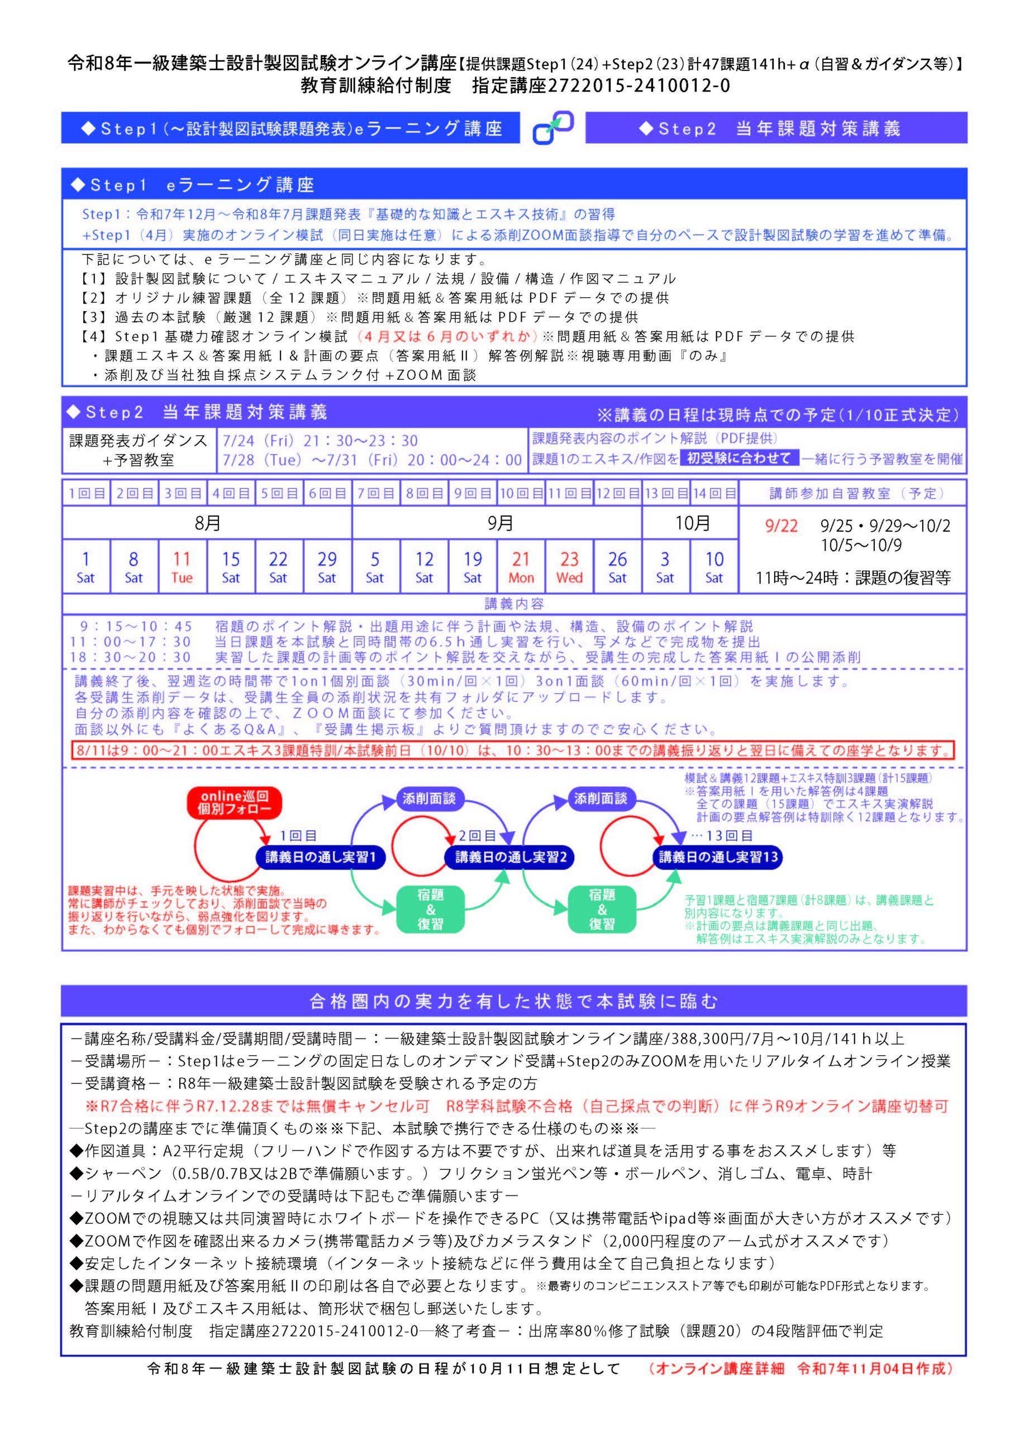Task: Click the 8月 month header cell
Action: click(207, 523)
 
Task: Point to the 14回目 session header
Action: click(714, 493)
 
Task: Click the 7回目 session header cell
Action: click(376, 493)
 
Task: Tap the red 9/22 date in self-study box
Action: click(780, 526)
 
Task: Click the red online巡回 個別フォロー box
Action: click(235, 802)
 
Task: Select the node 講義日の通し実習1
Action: click(320, 856)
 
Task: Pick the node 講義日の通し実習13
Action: click(718, 856)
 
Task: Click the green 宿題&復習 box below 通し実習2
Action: click(430, 909)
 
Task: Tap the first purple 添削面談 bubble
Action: click(428, 799)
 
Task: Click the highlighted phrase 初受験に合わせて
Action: click(738, 459)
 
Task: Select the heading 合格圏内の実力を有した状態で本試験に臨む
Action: click(513, 1000)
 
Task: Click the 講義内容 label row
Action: click(514, 603)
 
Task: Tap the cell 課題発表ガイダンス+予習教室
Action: click(138, 450)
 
